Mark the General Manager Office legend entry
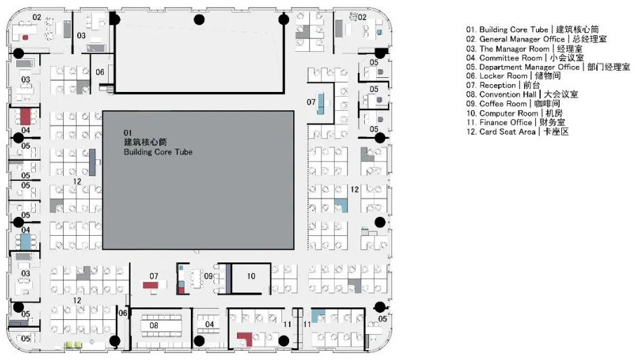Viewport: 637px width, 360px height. [537, 39]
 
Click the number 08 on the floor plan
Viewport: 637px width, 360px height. [154, 326]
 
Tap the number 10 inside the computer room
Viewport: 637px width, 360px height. [251, 276]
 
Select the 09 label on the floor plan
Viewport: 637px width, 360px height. [208, 276]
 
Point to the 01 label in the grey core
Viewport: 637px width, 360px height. [128, 132]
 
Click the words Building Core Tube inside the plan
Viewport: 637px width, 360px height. [158, 152]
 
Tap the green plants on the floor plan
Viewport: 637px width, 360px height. [74, 344]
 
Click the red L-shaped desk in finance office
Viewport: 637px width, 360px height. [244, 340]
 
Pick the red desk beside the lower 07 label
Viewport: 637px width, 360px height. [152, 285]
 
